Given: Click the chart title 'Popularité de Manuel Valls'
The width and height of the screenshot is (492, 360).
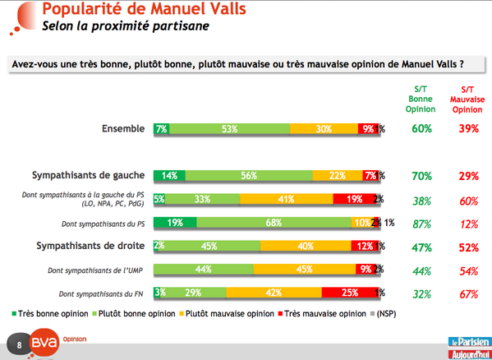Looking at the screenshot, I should pos(147,11).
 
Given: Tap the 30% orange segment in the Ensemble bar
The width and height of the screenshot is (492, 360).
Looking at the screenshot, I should pos(323,128).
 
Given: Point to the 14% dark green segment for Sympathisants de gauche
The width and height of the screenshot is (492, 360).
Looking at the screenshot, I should pos(169,175).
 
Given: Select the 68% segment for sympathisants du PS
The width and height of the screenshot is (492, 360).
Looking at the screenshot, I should pos(275,222).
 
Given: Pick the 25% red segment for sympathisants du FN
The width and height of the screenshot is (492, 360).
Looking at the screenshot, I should pos(348,293).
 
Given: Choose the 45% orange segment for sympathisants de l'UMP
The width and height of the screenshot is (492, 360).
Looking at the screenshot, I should pos(304,269).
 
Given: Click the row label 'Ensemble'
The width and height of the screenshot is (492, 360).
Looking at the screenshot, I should pos(123,128).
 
